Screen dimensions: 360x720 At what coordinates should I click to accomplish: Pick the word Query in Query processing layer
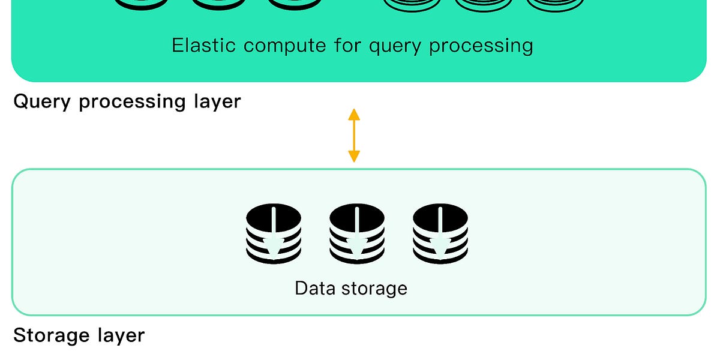point(43,102)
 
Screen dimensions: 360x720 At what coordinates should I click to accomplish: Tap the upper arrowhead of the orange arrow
point(354,114)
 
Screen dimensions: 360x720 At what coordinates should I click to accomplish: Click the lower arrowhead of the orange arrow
point(354,157)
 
